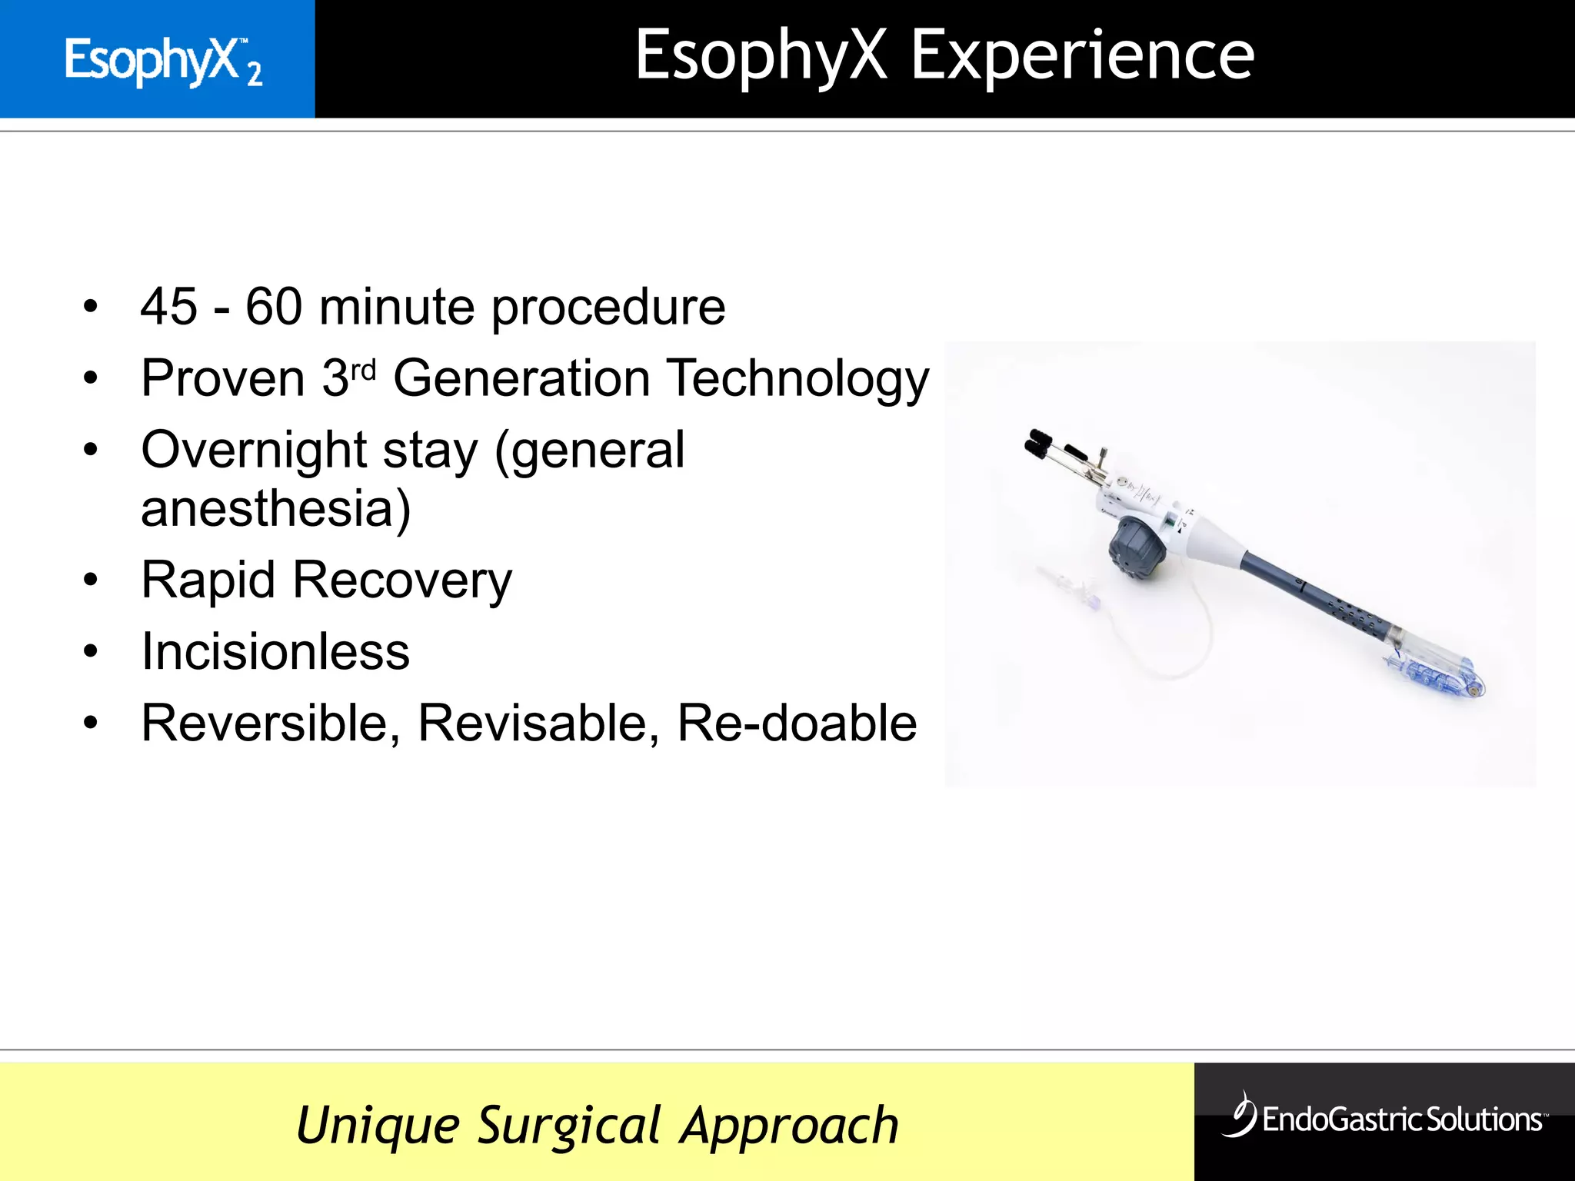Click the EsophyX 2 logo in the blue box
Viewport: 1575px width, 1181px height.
click(x=163, y=61)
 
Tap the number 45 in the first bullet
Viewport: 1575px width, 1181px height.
click(x=168, y=307)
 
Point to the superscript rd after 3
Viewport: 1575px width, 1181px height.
click(x=363, y=371)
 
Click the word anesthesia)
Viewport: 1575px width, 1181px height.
click(x=276, y=509)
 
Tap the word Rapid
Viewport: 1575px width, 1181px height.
click(x=208, y=580)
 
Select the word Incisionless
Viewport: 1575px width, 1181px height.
click(x=275, y=652)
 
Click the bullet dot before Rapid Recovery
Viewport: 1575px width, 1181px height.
click(x=91, y=581)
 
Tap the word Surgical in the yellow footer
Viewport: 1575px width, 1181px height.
click(x=569, y=1126)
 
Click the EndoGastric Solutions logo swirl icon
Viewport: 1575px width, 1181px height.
click(x=1239, y=1114)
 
